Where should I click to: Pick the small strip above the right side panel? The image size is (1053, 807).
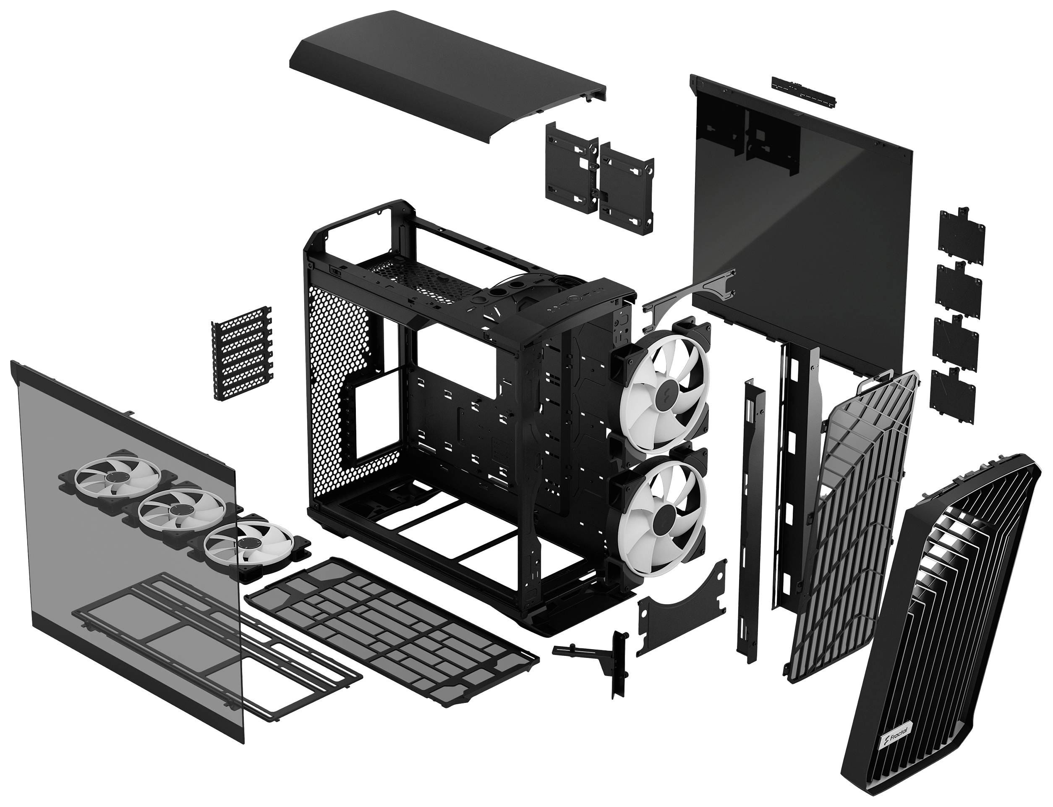[x=803, y=91]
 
